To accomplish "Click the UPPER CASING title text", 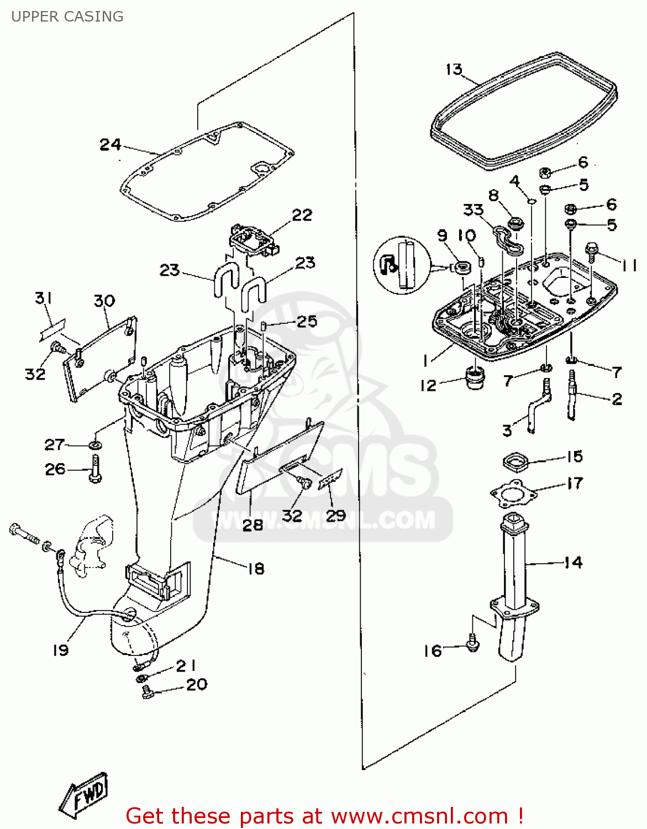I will coord(67,17).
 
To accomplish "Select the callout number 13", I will coord(454,69).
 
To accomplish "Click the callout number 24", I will coord(110,145).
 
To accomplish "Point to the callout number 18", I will coord(256,568).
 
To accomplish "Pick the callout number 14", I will coord(574,563).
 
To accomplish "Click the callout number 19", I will coord(61,650).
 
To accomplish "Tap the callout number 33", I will coord(474,210).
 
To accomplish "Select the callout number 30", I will coord(104,301).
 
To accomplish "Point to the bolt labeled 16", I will coord(472,643).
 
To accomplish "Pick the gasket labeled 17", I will coord(514,492).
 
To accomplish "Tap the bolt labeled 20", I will coord(147,691).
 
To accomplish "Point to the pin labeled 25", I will coord(265,325).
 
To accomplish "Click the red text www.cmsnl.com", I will coord(419,816).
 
